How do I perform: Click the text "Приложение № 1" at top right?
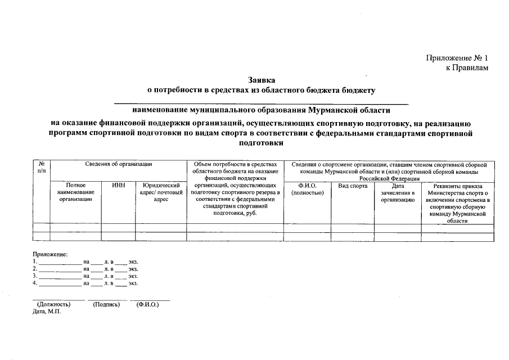point(457,58)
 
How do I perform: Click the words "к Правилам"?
point(467,68)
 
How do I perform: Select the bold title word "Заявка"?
point(261,80)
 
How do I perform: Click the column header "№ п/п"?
point(41,167)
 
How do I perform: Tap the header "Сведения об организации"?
point(119,164)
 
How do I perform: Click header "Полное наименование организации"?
point(75,192)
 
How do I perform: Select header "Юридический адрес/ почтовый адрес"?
point(161,192)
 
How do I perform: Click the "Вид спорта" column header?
point(353,185)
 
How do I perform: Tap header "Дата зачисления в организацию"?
point(398,192)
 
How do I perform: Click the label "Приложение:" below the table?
point(50,254)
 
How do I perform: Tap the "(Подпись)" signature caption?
point(107,304)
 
